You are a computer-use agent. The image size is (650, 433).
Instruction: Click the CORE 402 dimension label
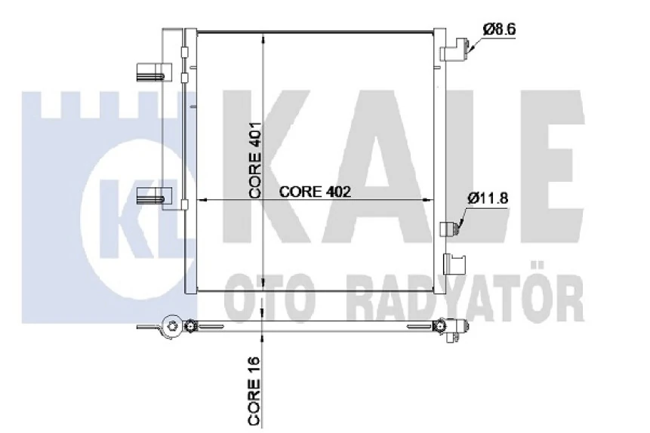[x=315, y=192]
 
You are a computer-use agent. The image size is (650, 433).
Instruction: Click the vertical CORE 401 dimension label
[x=254, y=160]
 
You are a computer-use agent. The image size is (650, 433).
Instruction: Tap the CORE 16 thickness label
[x=254, y=391]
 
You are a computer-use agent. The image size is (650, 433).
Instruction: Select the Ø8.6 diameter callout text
[x=499, y=29]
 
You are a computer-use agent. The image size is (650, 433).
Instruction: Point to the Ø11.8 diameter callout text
[x=488, y=198]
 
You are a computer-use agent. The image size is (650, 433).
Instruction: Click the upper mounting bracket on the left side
[x=154, y=72]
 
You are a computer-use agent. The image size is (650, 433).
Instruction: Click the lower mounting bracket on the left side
[x=154, y=195]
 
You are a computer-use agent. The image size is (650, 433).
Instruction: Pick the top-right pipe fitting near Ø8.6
[x=455, y=49]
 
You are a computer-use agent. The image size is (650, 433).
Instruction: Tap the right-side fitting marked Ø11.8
[x=450, y=229]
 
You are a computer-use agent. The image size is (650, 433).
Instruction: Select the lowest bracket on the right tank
[x=454, y=264]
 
